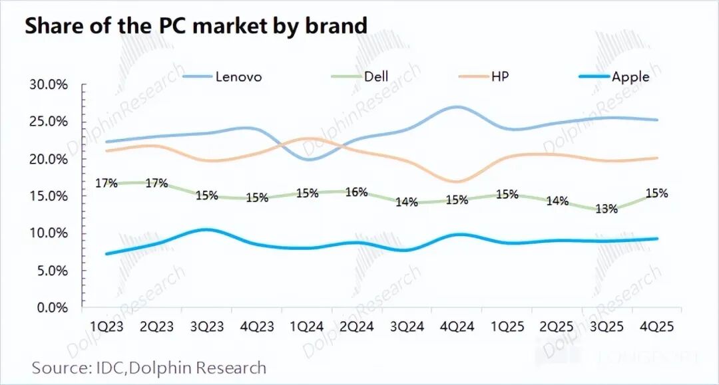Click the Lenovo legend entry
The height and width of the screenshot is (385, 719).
point(238,76)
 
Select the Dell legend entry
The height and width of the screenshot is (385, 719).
point(376,76)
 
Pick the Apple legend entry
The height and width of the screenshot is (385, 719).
point(630,76)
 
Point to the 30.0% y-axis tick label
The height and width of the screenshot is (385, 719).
point(49,85)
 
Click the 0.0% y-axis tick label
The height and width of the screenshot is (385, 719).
point(52,308)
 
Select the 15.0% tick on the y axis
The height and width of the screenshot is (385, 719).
point(49,196)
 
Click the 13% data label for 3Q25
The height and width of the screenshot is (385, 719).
point(606,209)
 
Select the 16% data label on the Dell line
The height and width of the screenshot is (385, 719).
point(357,192)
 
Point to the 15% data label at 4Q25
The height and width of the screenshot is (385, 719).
point(656,193)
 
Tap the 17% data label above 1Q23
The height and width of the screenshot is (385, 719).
point(107,183)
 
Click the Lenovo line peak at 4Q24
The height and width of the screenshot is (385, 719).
point(457,106)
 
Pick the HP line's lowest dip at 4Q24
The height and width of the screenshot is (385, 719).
point(457,181)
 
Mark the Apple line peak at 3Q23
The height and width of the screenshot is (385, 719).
point(207,229)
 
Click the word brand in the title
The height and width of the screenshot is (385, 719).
point(336,26)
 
